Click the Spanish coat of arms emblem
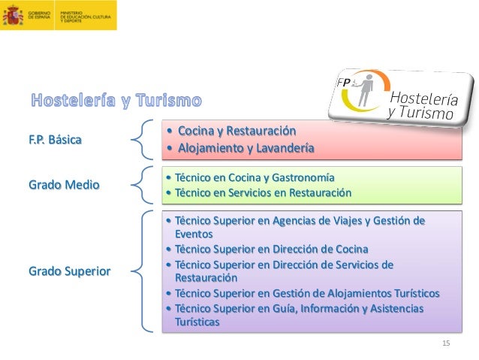[x=14, y=15]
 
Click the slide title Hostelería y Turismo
[x=116, y=100]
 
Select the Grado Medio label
[x=65, y=184]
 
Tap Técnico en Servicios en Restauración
[x=258, y=192]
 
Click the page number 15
[x=446, y=343]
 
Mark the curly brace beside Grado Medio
[x=143, y=185]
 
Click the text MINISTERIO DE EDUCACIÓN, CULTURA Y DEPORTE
[x=83, y=16]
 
